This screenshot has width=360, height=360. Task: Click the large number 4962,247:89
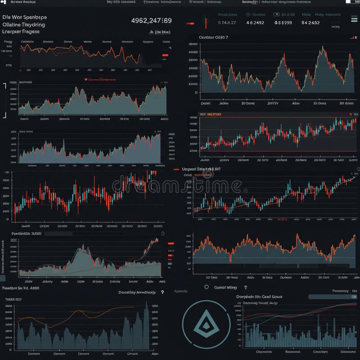pos(151,20)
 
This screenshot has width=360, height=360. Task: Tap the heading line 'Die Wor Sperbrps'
pos(24,17)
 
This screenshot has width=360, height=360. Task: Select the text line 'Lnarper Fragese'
pos(21,32)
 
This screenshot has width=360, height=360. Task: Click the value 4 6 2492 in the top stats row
pos(256,22)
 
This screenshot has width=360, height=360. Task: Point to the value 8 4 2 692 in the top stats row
pos(310,22)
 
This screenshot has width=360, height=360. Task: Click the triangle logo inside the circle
pos(204,323)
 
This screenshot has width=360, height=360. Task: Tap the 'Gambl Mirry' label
pos(225,287)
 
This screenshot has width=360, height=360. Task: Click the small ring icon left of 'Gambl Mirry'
pos(207,287)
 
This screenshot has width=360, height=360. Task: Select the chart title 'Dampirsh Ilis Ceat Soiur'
pos(259,297)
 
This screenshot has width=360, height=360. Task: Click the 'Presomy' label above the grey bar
pos(340,291)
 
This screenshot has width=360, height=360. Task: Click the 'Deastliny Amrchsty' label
pos(137,292)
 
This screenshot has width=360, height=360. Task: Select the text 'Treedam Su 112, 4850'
pos(21,288)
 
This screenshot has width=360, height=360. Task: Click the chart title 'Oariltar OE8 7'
pos(213,37)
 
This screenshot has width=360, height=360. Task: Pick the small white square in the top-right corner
pos(348,2)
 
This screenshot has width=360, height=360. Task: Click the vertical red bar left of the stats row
pos(206,23)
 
